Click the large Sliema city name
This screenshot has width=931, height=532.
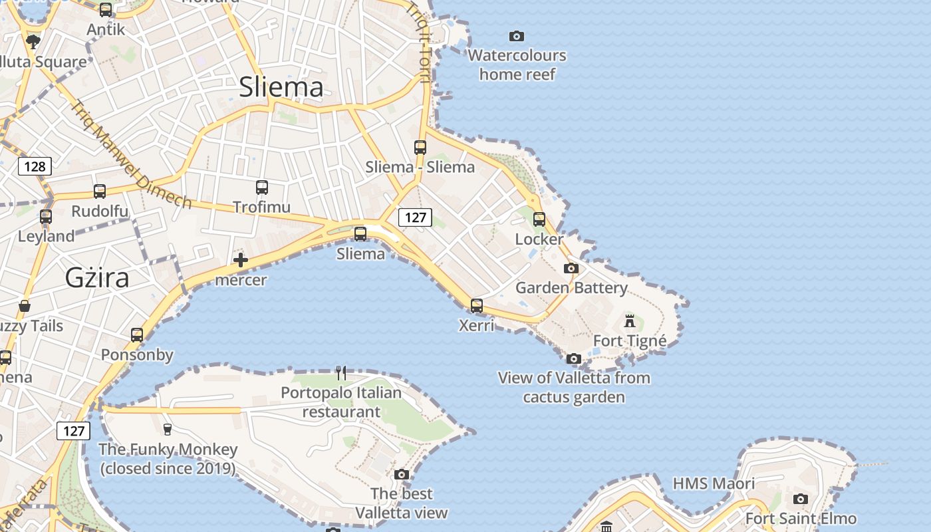tap(281, 87)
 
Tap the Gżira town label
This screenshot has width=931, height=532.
tap(97, 277)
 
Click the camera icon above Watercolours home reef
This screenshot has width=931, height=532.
tap(516, 36)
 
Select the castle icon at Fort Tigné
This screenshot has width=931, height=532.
tap(630, 322)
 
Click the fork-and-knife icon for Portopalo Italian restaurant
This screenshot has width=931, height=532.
tap(341, 372)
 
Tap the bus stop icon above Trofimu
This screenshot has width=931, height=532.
tap(262, 188)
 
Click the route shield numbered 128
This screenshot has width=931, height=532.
tap(35, 166)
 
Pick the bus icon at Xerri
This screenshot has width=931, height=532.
tap(477, 306)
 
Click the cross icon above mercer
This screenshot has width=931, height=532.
tap(241, 260)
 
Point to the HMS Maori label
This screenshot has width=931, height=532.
tap(714, 483)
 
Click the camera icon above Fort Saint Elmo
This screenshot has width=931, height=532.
tap(801, 499)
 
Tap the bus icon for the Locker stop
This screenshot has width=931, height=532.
tap(539, 219)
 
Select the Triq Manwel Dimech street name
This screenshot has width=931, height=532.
tap(132, 154)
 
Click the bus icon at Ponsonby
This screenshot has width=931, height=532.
tap(137, 335)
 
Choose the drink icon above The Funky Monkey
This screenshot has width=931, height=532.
tap(168, 430)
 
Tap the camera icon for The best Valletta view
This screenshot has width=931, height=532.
tap(402, 474)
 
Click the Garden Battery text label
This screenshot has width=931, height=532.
tap(571, 288)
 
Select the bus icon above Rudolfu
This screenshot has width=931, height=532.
tap(100, 192)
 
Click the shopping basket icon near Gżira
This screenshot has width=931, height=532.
tap(25, 306)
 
